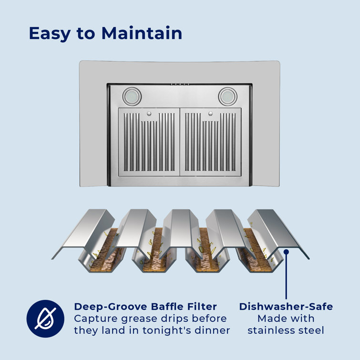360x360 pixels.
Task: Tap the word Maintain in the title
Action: [142, 33]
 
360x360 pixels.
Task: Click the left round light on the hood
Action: [132, 96]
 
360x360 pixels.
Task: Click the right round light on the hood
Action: [228, 96]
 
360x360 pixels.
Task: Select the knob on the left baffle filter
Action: [149, 113]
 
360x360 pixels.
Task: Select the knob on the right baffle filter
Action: [211, 113]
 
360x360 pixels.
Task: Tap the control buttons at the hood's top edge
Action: [180, 84]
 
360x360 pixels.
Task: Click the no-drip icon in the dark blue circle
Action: [45, 319]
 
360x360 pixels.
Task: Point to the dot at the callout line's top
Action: [286, 252]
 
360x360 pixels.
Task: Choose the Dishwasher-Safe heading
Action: [286, 307]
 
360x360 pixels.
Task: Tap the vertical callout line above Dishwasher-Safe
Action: [286, 276]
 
